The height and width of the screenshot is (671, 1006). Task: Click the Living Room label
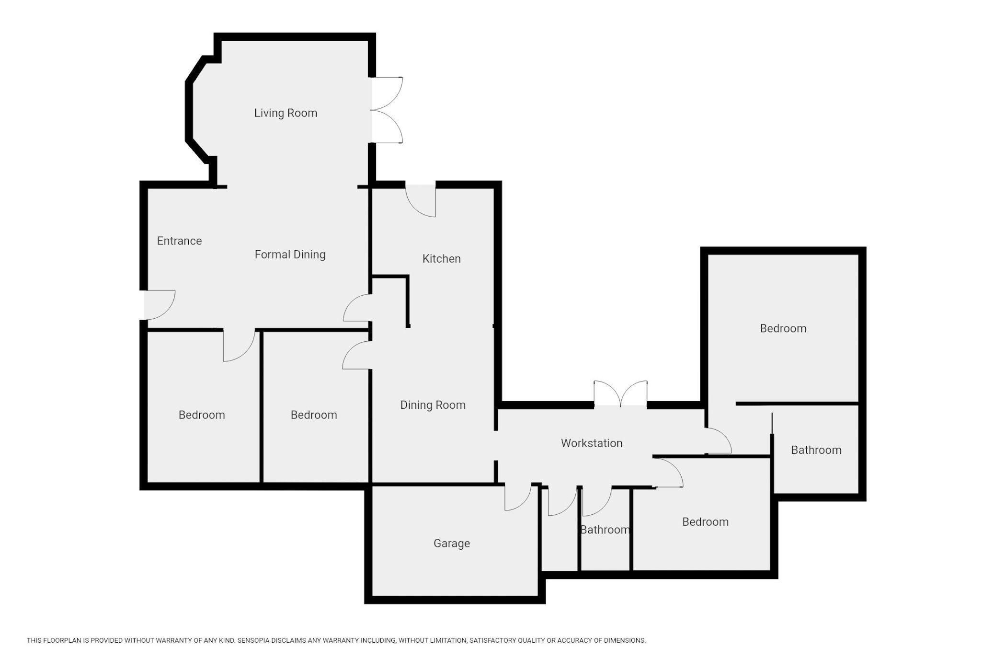tap(286, 113)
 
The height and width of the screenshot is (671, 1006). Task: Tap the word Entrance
tap(179, 241)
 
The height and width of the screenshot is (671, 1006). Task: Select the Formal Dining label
tap(290, 255)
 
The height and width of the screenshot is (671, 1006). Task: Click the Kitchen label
tap(441, 259)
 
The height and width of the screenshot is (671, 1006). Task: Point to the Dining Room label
tap(433, 405)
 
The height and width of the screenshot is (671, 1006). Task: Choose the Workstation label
tap(592, 443)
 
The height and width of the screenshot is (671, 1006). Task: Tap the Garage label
tap(452, 544)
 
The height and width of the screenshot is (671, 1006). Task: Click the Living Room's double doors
tap(386, 110)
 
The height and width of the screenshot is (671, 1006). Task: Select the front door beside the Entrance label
tap(160, 305)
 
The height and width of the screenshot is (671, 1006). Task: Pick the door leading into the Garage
tap(518, 497)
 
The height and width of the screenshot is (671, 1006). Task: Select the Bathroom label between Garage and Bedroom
tap(605, 530)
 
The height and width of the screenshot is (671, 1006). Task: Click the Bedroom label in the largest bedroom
tap(783, 329)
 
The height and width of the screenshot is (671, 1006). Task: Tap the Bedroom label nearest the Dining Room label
tap(314, 415)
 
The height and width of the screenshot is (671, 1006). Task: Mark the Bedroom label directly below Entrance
tap(202, 415)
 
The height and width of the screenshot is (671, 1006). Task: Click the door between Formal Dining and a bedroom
tap(239, 346)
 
